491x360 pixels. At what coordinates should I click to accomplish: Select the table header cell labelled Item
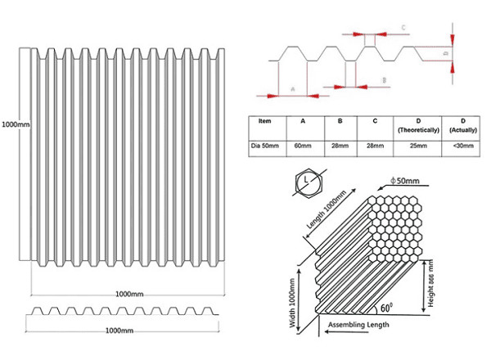(264, 120)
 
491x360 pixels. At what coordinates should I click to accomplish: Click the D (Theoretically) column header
(417, 125)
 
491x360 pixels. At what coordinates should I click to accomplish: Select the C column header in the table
(375, 120)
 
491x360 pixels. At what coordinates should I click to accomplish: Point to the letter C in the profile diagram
(405, 28)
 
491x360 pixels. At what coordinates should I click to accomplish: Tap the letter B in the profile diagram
(383, 80)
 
